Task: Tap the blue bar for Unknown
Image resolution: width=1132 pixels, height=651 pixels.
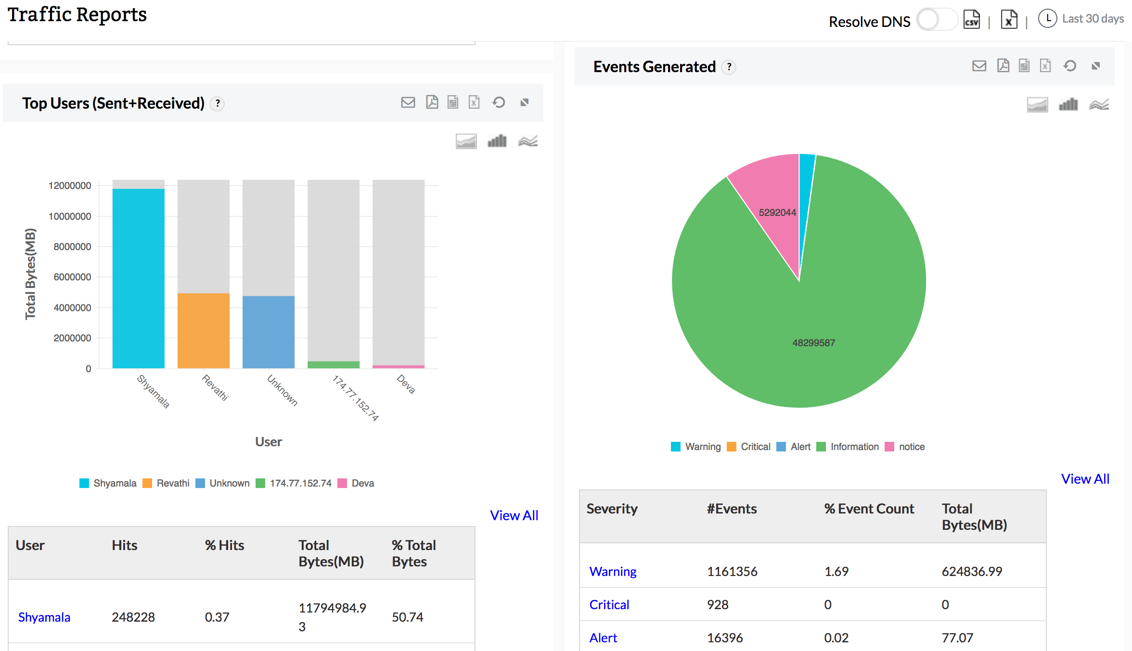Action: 268,332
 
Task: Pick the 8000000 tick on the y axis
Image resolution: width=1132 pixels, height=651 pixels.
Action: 72,247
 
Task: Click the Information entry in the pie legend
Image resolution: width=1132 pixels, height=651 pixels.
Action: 854,447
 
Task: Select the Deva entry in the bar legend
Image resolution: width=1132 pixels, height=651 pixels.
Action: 362,483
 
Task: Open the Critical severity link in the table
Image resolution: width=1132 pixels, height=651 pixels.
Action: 609,604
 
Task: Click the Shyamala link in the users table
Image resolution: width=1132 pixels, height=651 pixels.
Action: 44,617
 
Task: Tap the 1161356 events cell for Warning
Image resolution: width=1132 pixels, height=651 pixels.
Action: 732,571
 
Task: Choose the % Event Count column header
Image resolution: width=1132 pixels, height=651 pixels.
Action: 869,509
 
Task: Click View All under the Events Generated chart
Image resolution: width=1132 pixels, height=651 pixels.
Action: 1085,479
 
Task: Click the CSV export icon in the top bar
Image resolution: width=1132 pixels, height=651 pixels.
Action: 971,20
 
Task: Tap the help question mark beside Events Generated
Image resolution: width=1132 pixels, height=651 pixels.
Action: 729,67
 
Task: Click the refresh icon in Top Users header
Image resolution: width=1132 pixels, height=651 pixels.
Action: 499,102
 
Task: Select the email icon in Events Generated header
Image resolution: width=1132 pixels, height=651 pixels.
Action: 979,66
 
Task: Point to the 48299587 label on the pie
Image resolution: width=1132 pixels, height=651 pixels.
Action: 813,343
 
